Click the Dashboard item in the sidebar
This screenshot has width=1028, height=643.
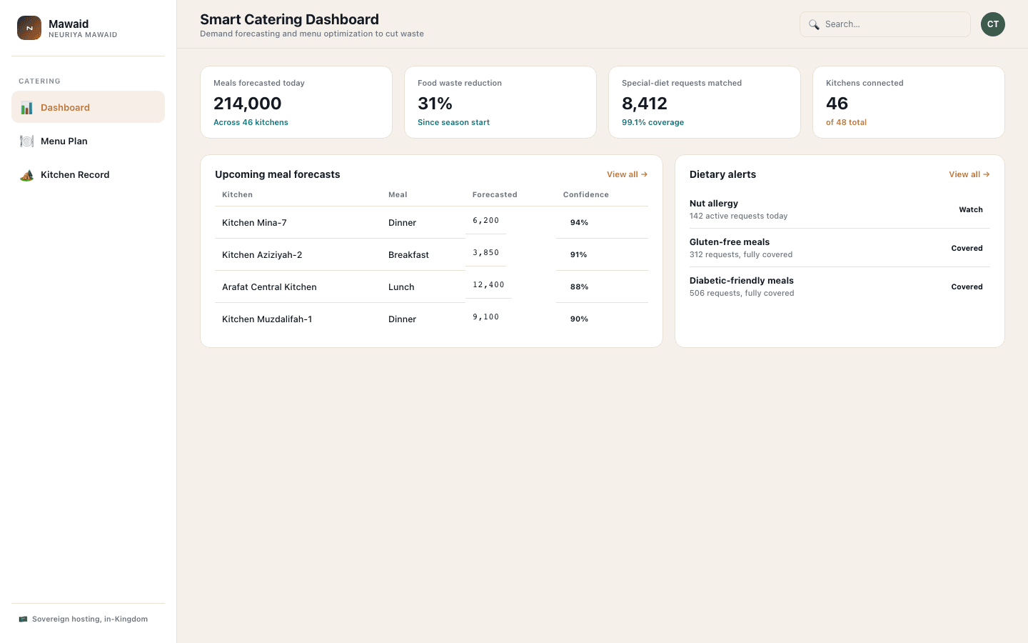click(x=88, y=107)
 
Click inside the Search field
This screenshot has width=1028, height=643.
click(x=885, y=24)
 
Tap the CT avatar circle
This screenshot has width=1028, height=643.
click(x=992, y=24)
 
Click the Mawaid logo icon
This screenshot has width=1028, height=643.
click(x=29, y=28)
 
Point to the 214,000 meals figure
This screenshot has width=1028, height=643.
click(x=247, y=104)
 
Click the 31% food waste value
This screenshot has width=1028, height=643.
click(x=435, y=104)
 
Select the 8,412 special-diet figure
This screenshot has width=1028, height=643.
click(x=645, y=104)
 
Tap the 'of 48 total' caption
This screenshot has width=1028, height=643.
click(x=846, y=122)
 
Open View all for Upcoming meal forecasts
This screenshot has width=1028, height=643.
click(x=627, y=174)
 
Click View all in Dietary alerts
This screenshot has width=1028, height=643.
click(x=969, y=174)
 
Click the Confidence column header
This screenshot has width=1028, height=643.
click(x=585, y=195)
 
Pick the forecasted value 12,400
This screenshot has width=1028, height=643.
click(x=488, y=285)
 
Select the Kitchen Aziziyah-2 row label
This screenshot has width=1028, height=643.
click(x=262, y=255)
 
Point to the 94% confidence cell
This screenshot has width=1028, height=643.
click(x=579, y=222)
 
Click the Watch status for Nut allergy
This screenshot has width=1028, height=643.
click(x=971, y=209)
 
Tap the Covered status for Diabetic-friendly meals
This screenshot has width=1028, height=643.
click(x=967, y=286)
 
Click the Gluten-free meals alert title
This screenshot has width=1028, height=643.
click(x=730, y=242)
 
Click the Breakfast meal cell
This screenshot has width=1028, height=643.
click(x=408, y=255)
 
